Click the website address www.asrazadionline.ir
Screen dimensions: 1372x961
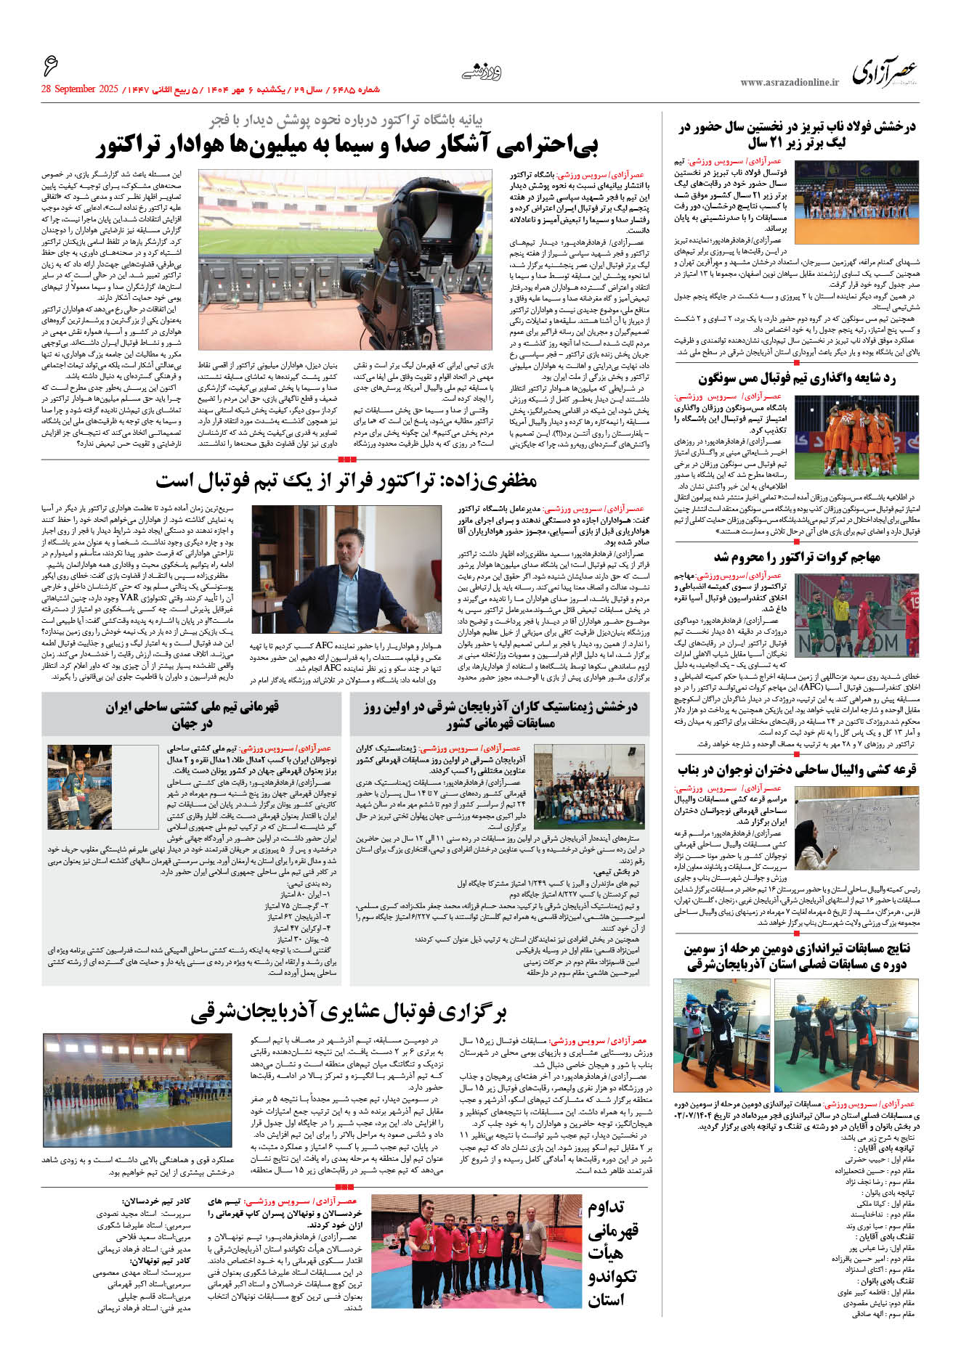tap(790, 83)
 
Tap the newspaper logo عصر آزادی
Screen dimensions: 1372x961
tap(884, 73)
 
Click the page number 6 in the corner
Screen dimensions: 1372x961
tap(50, 68)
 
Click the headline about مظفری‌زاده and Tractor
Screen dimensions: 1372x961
tap(346, 481)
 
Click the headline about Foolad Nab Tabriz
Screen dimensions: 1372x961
tap(797, 135)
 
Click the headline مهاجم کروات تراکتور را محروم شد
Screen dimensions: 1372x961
tap(797, 557)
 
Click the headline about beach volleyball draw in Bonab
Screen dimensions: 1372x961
tap(797, 769)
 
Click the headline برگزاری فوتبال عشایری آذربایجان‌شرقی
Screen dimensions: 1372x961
tap(349, 1012)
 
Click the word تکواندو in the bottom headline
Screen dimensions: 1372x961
tap(612, 1278)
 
